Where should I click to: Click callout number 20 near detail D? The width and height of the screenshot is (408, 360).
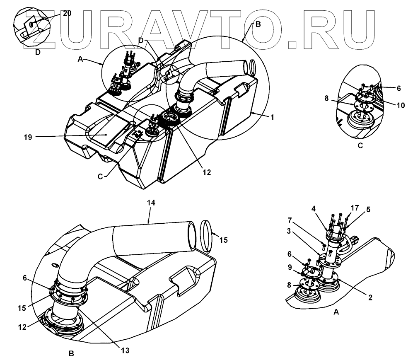pos(67,13)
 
